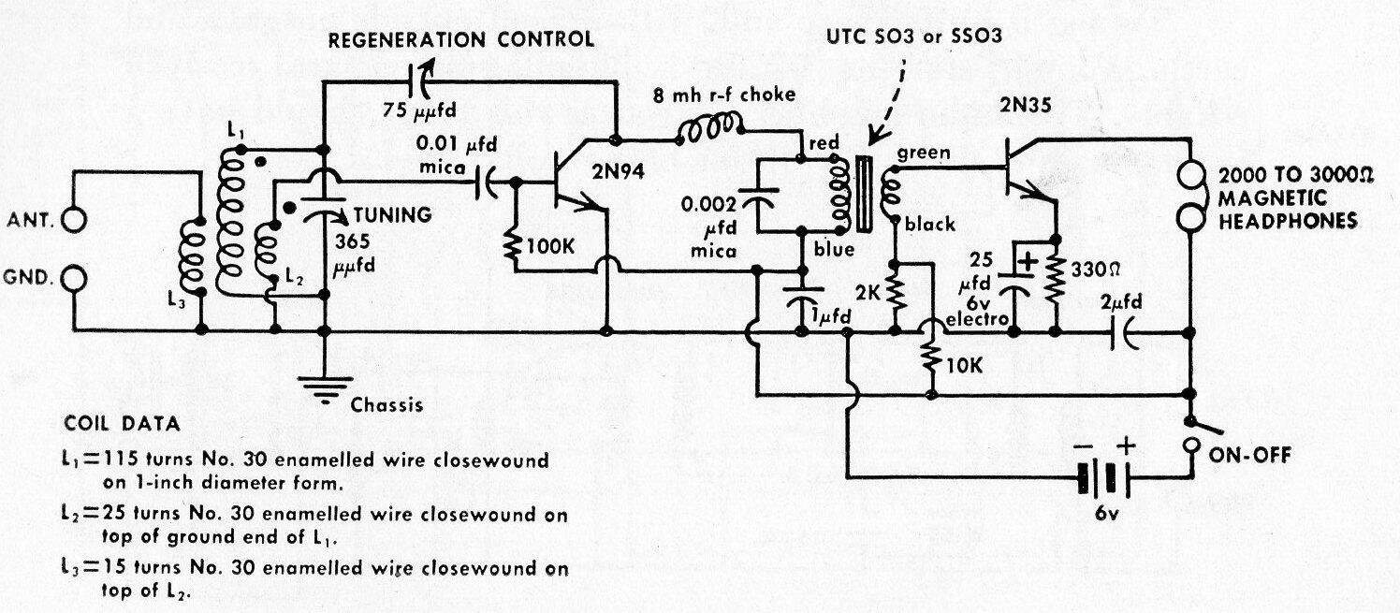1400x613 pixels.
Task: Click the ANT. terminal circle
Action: coord(73,221)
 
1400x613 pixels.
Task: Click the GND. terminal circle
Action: coord(73,278)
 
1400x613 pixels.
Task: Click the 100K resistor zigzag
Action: coord(515,246)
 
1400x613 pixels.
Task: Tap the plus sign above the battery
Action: coord(1128,447)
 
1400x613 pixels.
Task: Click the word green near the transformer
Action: coord(924,153)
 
